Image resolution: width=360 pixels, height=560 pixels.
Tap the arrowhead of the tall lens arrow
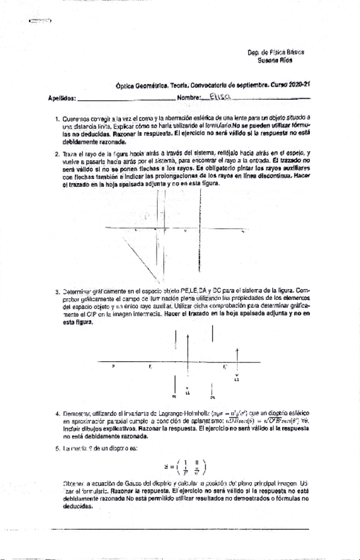coord(190,337)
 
